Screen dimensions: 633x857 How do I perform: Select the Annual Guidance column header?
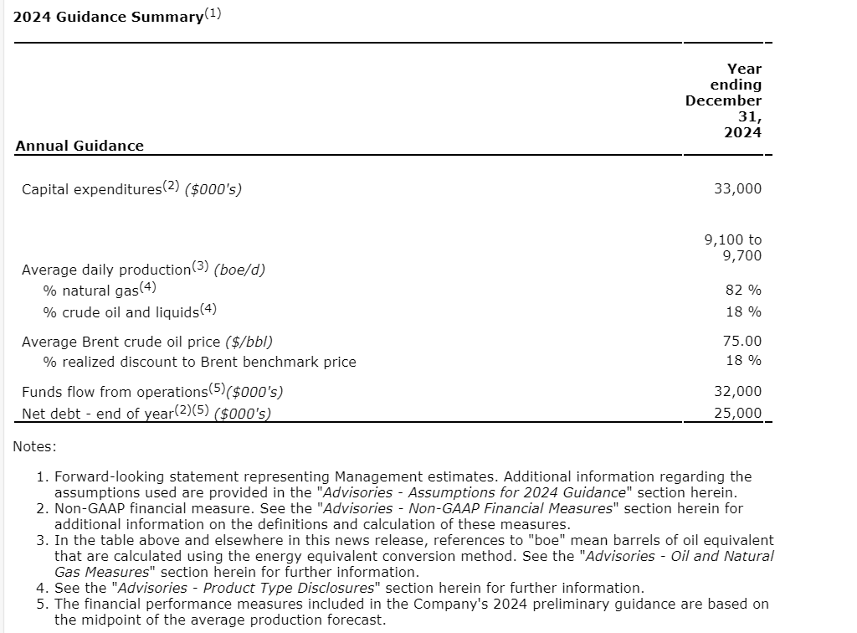pos(80,146)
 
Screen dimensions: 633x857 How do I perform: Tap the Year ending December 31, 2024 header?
pos(724,100)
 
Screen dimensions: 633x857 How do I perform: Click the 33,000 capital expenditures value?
pos(737,188)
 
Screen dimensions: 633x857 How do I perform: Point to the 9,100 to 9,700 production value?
pos(733,247)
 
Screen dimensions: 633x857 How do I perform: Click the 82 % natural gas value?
pos(743,290)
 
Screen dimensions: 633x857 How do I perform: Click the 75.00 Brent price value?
pos(742,341)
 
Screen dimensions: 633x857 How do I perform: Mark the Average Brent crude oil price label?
pos(147,342)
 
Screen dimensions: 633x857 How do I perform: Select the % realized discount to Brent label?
pos(199,362)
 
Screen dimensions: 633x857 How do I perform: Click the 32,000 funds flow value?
pos(737,391)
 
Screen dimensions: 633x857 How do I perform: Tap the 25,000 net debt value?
pos(737,412)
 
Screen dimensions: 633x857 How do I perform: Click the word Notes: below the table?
pos(35,446)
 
